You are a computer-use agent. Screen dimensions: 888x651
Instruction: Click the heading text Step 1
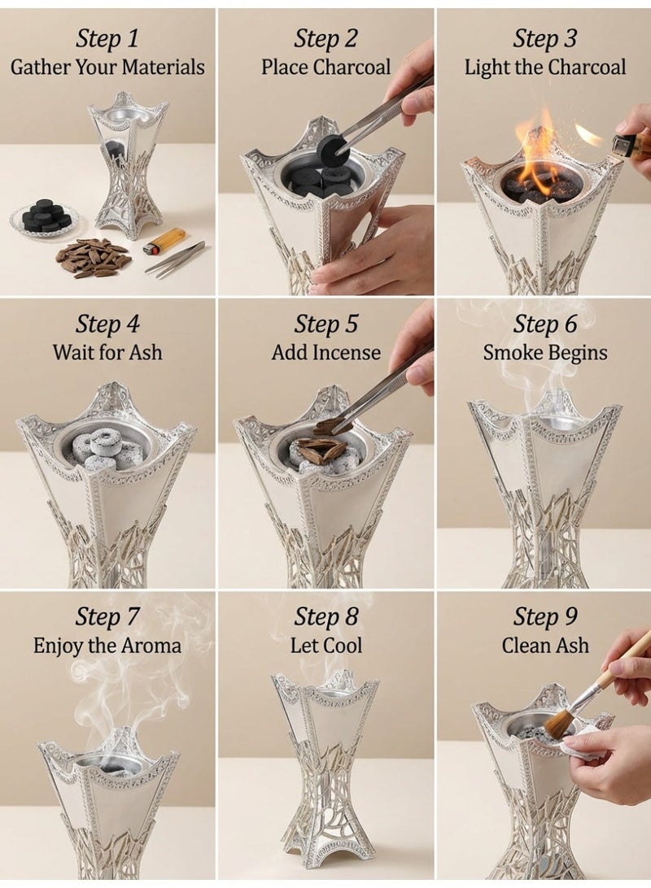(107, 38)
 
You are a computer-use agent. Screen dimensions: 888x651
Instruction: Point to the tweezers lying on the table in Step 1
(175, 258)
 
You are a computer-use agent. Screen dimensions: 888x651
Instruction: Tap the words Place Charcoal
(325, 67)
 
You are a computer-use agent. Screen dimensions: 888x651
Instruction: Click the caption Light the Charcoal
(545, 67)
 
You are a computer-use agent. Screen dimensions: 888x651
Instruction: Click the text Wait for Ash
(107, 352)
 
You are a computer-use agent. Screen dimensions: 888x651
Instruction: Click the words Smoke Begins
(545, 352)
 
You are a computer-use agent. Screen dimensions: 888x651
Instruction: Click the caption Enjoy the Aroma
(107, 646)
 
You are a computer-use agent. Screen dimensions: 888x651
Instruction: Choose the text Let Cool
(325, 646)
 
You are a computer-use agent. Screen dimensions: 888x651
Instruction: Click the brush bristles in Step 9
(561, 721)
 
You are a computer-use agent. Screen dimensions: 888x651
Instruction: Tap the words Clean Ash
(545, 646)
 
